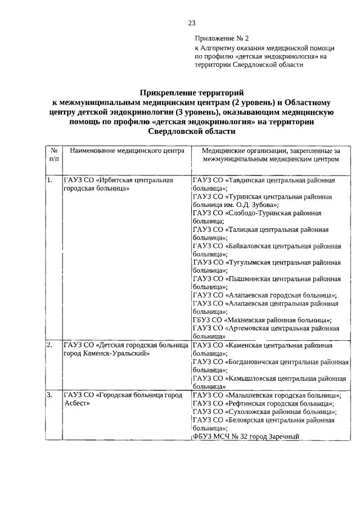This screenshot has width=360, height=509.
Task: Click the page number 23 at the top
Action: (191, 23)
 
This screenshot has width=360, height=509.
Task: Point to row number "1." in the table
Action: (50, 181)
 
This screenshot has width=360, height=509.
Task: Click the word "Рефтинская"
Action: (246, 403)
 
